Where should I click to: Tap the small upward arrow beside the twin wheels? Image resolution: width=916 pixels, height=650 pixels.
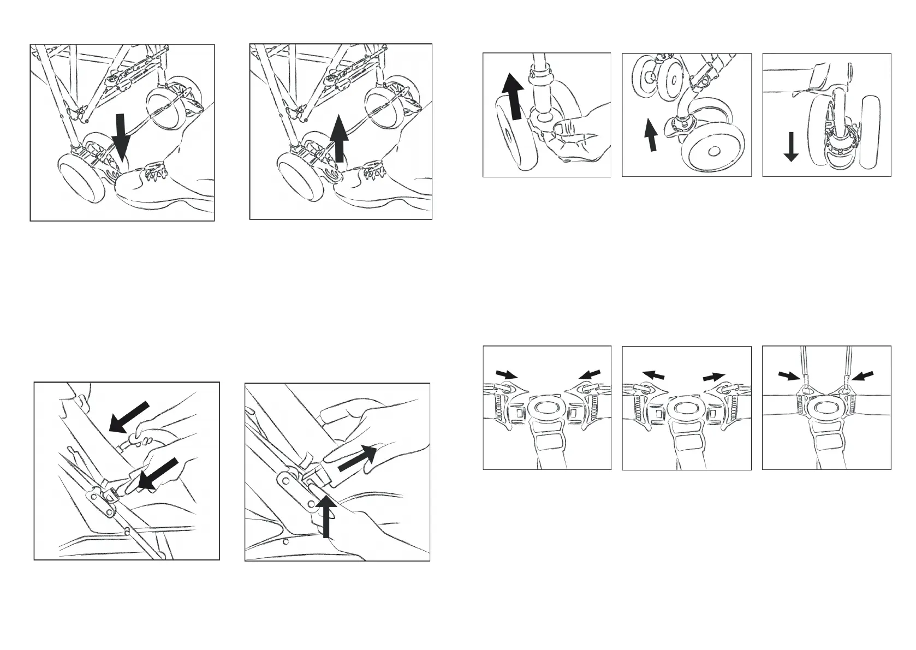[651, 135]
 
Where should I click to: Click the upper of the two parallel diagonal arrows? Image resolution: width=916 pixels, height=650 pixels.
[129, 416]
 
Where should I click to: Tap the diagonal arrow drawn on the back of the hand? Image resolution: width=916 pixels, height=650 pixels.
[358, 458]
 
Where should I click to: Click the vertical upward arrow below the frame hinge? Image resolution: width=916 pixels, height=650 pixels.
[327, 516]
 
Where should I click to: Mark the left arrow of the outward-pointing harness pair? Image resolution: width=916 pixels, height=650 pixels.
[653, 375]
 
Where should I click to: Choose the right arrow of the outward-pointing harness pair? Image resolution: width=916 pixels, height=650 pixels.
[714, 377]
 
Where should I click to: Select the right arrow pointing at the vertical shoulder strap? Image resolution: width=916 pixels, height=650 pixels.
[863, 376]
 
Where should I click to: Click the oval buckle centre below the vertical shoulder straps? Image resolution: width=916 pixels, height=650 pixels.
[826, 407]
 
